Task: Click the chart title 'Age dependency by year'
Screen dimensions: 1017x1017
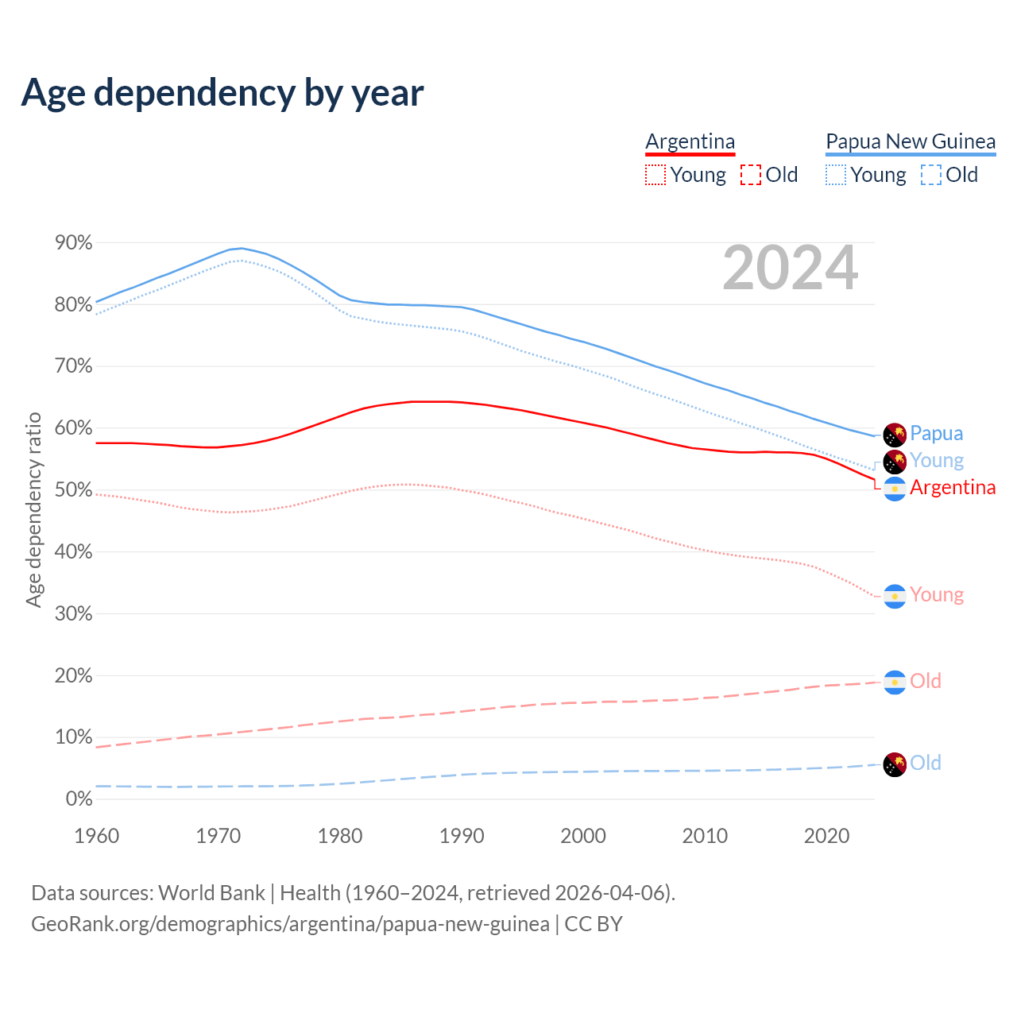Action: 222,93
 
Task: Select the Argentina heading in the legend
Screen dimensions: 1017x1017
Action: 690,141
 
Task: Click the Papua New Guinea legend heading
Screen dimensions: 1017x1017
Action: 911,141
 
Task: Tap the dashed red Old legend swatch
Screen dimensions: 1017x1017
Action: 750,175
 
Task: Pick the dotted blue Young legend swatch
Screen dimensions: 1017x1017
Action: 836,175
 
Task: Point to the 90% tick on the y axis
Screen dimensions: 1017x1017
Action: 73,243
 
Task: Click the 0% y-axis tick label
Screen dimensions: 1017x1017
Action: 79,799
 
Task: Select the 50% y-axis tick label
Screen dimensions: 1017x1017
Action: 73,490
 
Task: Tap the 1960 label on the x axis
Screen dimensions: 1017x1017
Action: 96,836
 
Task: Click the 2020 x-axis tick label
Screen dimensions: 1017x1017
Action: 826,836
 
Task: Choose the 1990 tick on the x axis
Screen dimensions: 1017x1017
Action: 462,836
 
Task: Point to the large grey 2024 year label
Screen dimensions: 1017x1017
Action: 790,268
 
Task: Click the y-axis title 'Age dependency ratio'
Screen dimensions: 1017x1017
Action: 33,509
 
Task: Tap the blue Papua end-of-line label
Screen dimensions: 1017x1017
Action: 936,434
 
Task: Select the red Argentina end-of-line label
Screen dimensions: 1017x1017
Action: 952,488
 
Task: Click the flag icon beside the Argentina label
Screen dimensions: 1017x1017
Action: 895,489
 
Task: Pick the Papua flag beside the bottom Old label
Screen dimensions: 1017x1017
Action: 895,764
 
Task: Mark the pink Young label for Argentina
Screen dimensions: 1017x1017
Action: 936,595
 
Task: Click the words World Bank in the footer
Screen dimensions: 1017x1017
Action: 211,893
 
